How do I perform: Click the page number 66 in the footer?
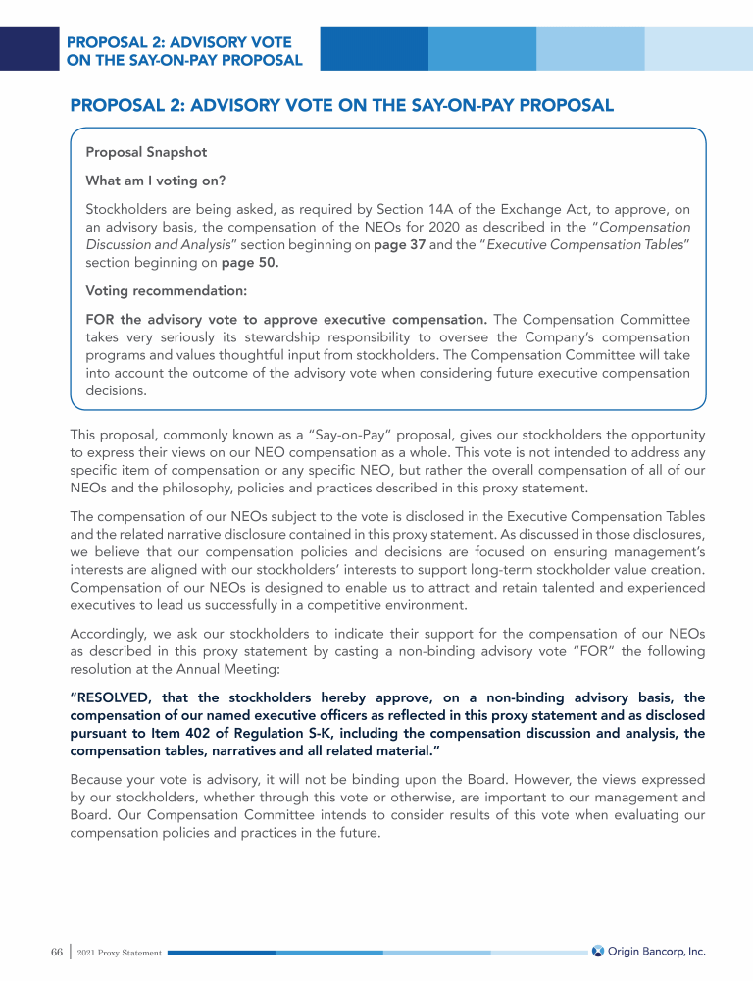(56, 953)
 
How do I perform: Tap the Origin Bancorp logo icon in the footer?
(597, 952)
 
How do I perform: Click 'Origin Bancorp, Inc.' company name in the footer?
(657, 952)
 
